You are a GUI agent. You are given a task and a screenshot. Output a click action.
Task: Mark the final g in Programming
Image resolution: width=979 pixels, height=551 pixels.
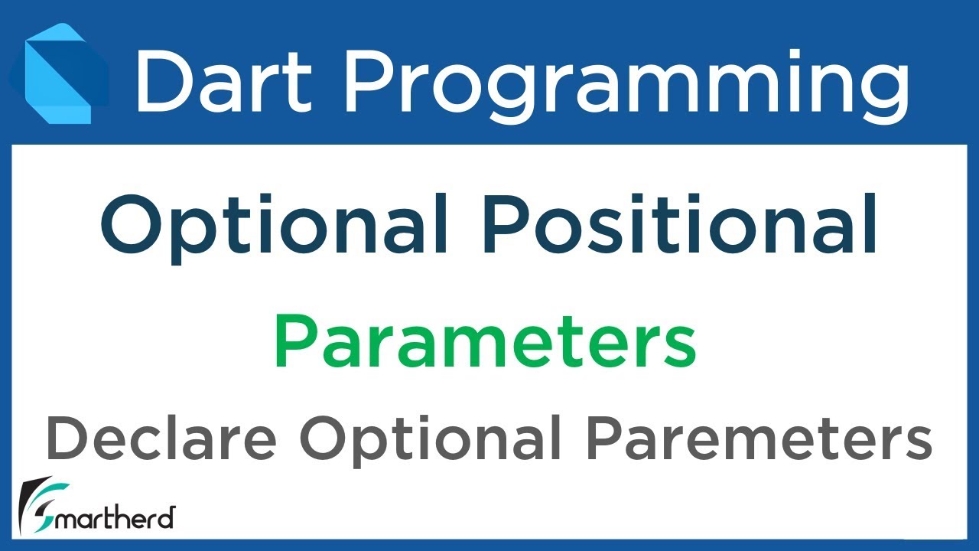pyautogui.click(x=883, y=88)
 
